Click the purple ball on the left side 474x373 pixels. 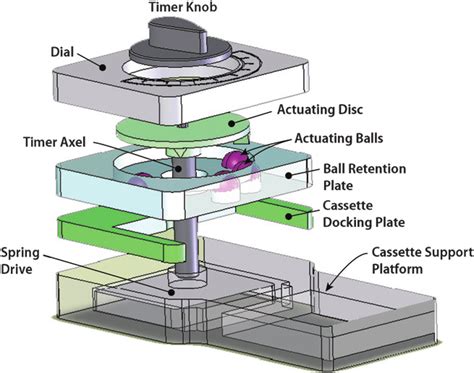coord(141,179)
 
